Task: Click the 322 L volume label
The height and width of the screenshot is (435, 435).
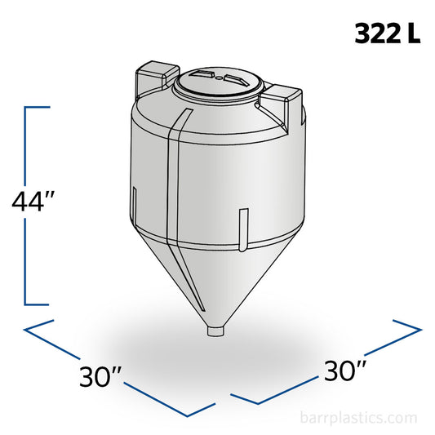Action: point(386,34)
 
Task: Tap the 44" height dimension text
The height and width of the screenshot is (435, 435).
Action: point(37,201)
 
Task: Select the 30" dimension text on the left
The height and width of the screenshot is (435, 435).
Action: point(103,376)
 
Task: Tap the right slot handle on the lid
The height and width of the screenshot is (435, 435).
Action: point(236,80)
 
